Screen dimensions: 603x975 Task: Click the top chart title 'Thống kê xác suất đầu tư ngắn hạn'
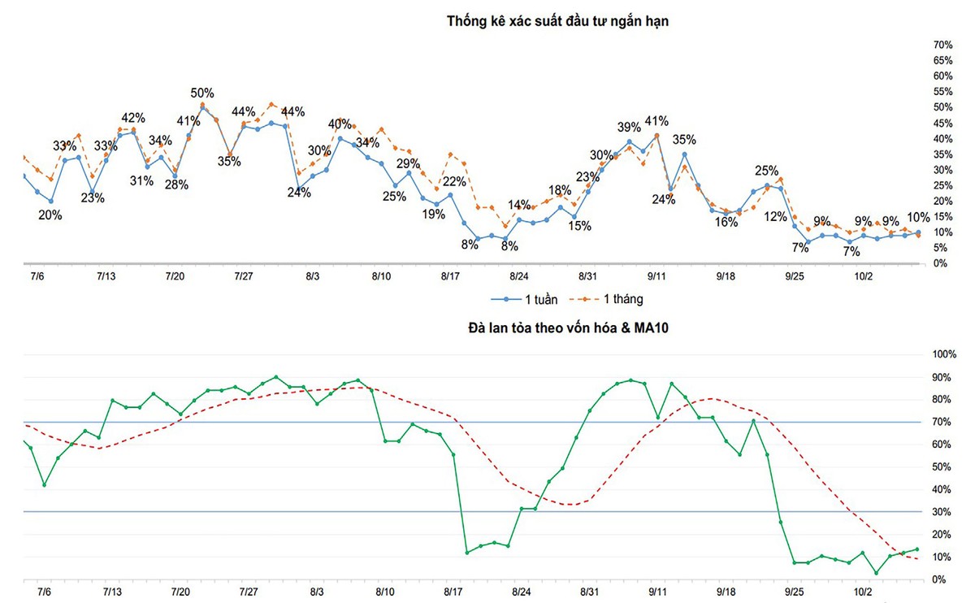(x=557, y=21)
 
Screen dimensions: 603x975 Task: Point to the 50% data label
(x=202, y=93)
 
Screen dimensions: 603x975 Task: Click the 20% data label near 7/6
(x=50, y=215)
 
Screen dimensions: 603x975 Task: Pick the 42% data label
(x=133, y=117)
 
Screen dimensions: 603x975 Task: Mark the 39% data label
(x=629, y=127)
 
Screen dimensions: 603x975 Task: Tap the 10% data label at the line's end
(x=918, y=217)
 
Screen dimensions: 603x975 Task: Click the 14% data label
(x=519, y=205)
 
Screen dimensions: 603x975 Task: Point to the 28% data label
(x=176, y=184)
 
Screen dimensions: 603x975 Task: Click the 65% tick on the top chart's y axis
(x=942, y=60)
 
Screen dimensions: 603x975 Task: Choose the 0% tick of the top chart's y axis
(x=940, y=263)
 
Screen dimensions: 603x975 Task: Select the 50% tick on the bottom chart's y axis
(x=942, y=467)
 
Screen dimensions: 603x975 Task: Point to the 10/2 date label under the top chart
(x=864, y=276)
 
